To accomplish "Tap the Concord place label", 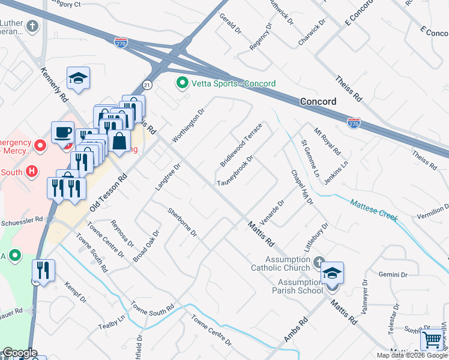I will (318, 101).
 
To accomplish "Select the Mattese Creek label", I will (374, 211).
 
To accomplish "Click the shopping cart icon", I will (432, 340).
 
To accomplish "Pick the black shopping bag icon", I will (119, 142).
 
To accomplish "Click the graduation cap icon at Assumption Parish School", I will (332, 273).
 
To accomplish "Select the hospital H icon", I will (33, 171).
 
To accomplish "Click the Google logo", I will (19, 353).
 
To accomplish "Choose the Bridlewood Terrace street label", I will (241, 145).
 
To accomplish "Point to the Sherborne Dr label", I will (182, 222).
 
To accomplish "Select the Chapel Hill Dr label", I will (303, 187).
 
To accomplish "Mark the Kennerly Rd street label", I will (54, 84).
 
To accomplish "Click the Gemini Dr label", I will (393, 274).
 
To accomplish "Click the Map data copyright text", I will (411, 355).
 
